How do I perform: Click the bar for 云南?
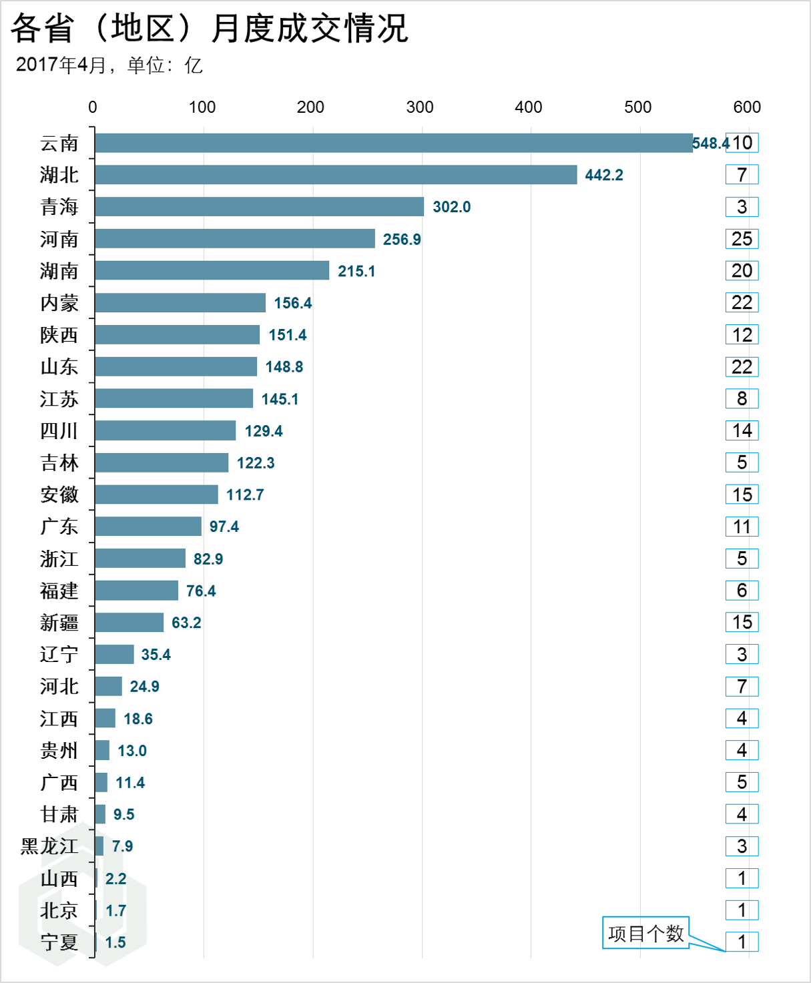click(394, 143)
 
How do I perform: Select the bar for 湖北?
click(336, 175)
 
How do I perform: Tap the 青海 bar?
click(259, 207)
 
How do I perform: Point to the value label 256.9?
click(402, 239)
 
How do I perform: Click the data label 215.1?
click(356, 271)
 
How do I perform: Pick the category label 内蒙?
click(59, 303)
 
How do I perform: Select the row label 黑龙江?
click(49, 846)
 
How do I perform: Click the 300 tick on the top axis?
click(420, 107)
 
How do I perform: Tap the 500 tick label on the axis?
click(637, 107)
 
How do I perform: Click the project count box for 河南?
click(742, 239)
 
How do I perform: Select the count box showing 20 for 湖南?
click(742, 270)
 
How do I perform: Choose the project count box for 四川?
click(742, 430)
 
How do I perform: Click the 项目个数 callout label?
click(645, 933)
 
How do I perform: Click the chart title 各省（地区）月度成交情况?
click(210, 28)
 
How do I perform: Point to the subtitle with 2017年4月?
click(109, 65)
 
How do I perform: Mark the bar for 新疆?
click(129, 623)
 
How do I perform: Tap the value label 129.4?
click(264, 431)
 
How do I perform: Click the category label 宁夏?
click(59, 942)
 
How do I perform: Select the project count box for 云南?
click(742, 143)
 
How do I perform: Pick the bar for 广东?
click(148, 527)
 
